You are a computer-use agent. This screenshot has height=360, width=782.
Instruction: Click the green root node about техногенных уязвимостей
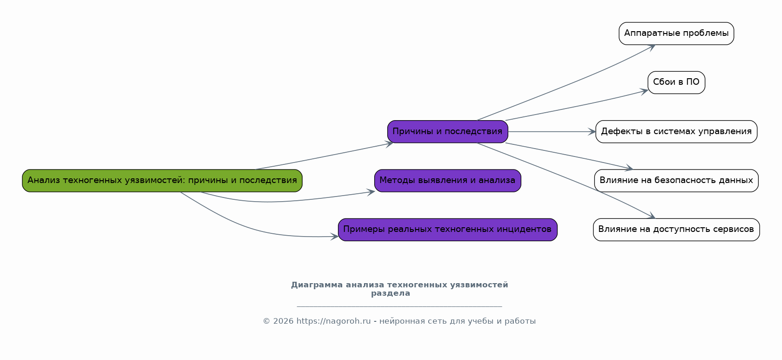pyautogui.click(x=162, y=181)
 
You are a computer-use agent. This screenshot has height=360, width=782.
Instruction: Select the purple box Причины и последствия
pyautogui.click(x=447, y=132)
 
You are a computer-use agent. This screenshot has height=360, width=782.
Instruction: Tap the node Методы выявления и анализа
pyautogui.click(x=447, y=181)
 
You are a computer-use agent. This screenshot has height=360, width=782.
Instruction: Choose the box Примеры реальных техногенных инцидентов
pyautogui.click(x=447, y=230)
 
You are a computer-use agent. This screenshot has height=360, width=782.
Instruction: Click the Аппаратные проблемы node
pyautogui.click(x=676, y=34)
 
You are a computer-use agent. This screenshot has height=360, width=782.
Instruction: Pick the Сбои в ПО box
pyautogui.click(x=676, y=82)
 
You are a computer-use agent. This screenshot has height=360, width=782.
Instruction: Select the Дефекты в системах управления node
pyautogui.click(x=676, y=132)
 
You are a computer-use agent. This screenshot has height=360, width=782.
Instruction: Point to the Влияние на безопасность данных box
pyautogui.click(x=676, y=181)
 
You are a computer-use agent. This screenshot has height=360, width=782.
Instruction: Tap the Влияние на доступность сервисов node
pyautogui.click(x=676, y=230)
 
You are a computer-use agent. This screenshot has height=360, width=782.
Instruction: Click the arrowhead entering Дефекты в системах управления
pyautogui.click(x=592, y=132)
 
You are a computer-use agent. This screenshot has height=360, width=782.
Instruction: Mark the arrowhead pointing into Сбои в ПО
pyautogui.click(x=645, y=91)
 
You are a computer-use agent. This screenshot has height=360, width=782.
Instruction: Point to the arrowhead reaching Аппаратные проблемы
pyautogui.click(x=652, y=47)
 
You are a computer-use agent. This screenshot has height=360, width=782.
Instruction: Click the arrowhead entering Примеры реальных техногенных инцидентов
pyautogui.click(x=335, y=237)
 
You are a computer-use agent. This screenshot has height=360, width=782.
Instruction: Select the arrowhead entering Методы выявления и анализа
pyautogui.click(x=371, y=191)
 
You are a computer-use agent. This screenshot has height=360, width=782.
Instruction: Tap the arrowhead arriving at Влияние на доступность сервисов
pyautogui.click(x=652, y=216)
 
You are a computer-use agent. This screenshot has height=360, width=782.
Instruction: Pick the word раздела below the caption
pyautogui.click(x=391, y=293)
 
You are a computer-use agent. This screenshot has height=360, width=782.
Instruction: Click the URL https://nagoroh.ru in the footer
pyautogui.click(x=333, y=321)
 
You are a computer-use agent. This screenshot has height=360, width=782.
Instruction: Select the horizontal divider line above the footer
pyautogui.click(x=399, y=306)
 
